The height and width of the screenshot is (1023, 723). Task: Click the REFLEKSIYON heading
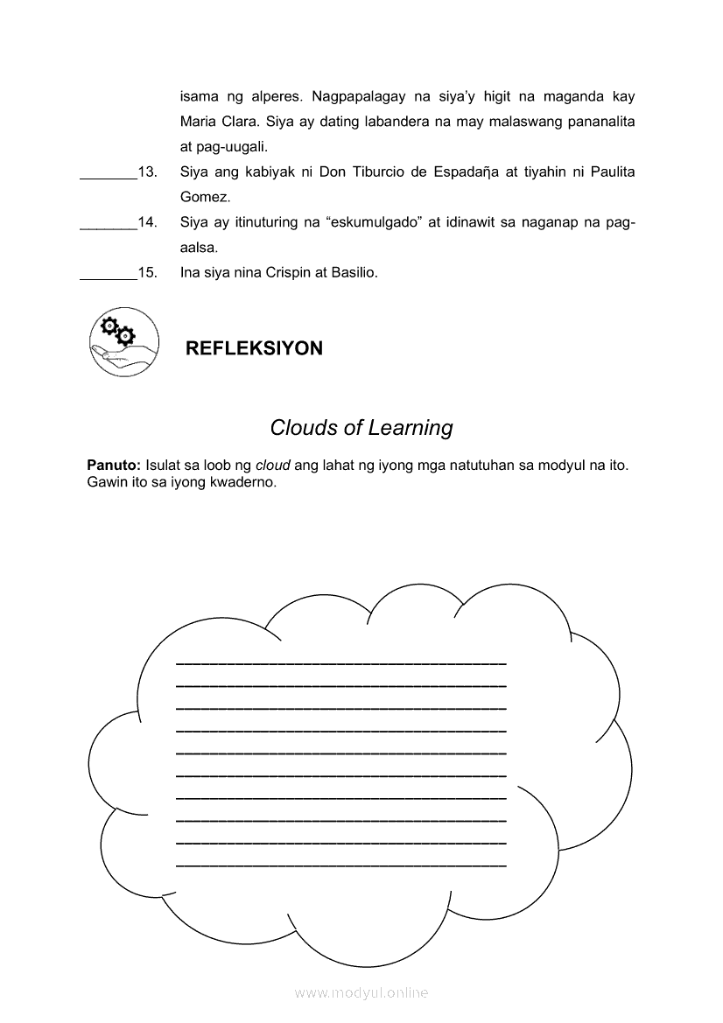(x=254, y=348)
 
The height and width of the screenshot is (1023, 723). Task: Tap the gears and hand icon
(x=124, y=341)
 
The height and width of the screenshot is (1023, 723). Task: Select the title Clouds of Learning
(x=361, y=428)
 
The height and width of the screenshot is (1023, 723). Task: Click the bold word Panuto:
(x=115, y=465)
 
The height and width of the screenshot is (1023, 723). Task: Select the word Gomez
(x=205, y=198)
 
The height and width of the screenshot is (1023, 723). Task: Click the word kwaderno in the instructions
(x=242, y=482)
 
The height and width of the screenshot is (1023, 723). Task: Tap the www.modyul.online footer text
(x=361, y=992)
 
